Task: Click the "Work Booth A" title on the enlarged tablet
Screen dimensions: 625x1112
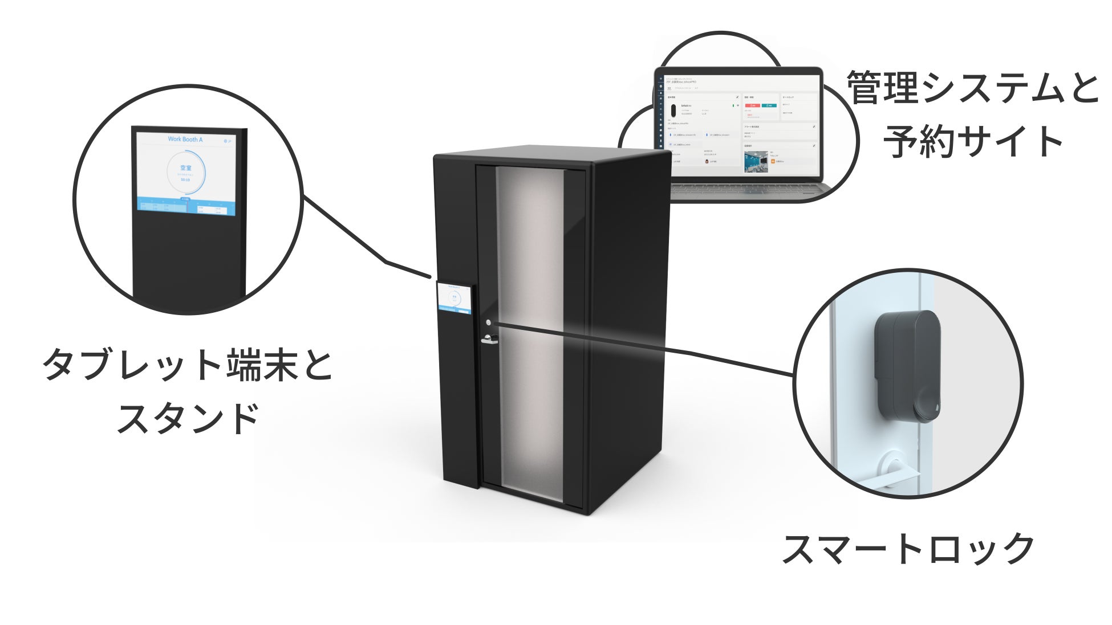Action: (185, 139)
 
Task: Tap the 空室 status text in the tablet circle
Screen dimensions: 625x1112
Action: (186, 168)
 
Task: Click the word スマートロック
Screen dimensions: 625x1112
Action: (907, 548)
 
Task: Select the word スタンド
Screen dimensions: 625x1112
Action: (188, 418)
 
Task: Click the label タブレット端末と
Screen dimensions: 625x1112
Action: (188, 365)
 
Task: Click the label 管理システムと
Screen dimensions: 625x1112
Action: (973, 88)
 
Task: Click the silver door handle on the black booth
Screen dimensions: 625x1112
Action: (489, 341)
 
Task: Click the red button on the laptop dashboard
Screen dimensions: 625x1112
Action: (752, 105)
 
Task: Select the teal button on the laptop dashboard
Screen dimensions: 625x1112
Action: (769, 105)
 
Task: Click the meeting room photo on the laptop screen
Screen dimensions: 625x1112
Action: (756, 161)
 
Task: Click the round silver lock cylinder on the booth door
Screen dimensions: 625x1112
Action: (488, 323)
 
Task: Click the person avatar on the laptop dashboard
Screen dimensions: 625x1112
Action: (708, 161)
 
